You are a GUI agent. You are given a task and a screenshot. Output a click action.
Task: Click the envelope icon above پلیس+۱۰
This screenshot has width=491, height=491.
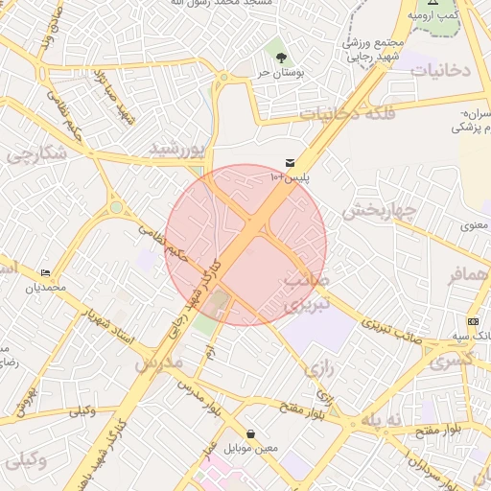pyautogui.click(x=290, y=163)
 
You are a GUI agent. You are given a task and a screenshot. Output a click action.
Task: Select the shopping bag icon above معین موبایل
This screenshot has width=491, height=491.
pyautogui.click(x=250, y=434)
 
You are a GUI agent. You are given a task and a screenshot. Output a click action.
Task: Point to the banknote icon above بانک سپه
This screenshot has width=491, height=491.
pyautogui.click(x=473, y=321)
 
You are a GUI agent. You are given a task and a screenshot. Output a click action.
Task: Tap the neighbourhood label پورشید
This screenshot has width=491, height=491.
pyautogui.click(x=177, y=149)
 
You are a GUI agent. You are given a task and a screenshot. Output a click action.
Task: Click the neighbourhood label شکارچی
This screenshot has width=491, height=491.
pyautogui.click(x=36, y=153)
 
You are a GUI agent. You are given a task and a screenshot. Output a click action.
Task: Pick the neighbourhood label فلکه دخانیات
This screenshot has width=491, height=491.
pyautogui.click(x=341, y=113)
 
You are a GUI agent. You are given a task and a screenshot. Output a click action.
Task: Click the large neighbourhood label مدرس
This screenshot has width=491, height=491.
pyautogui.click(x=158, y=363)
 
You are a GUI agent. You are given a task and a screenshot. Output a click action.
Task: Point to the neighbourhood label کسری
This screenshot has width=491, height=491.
pyautogui.click(x=451, y=362)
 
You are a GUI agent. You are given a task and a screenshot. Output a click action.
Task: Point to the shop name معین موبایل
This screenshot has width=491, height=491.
pyautogui.click(x=250, y=448)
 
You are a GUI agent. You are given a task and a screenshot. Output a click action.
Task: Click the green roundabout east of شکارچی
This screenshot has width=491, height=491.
pyautogui.click(x=116, y=207)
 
